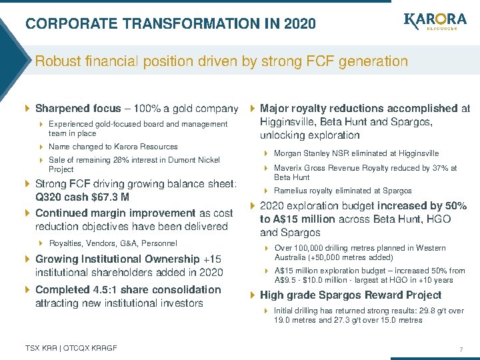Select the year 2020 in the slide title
click(x=299, y=24)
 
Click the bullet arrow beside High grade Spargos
click(x=252, y=295)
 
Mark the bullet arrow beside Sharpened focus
click(x=27, y=109)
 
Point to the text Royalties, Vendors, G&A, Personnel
click(x=113, y=243)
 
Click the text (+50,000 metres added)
click(x=354, y=257)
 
